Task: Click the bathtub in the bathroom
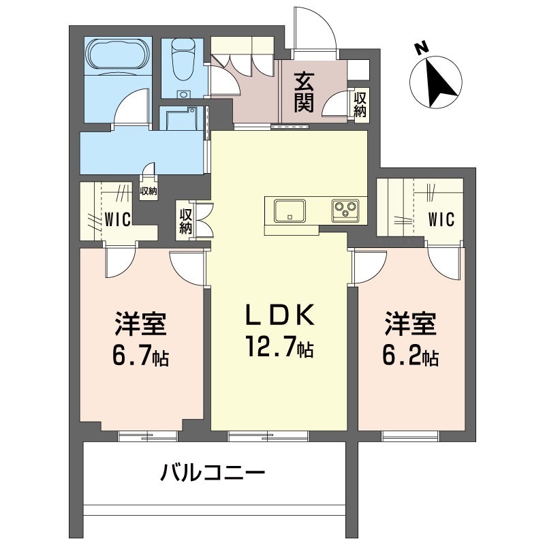pos(118,55)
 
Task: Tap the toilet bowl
pos(183,58)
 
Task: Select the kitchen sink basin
pos(290,211)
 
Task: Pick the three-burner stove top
pos(345,211)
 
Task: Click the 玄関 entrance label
pos(305,92)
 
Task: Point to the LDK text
pos(279,315)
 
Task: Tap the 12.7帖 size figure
pos(279,347)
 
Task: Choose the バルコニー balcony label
pos(213,473)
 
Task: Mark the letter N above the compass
pos(422,48)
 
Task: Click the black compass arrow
pos(439,83)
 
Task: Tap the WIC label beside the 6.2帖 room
pos(441,219)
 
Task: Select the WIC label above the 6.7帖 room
pos(118,219)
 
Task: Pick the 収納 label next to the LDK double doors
pos(186,221)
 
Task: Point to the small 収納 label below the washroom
pos(149,191)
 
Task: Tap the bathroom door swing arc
pos(130,106)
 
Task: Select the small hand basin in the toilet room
pos(183,94)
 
